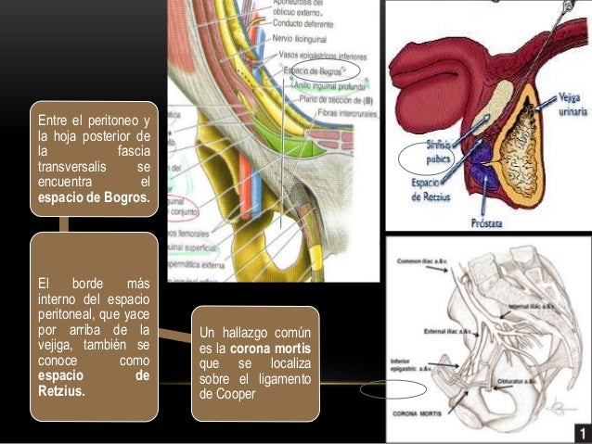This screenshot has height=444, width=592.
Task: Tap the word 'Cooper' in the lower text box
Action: [221, 393]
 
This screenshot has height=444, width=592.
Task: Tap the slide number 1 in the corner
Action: [581, 433]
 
